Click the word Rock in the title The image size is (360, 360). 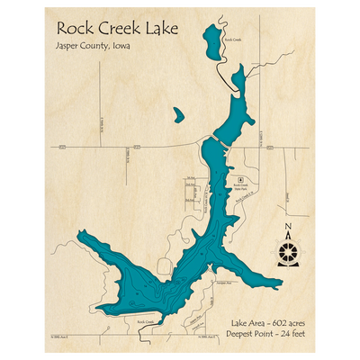(76, 28)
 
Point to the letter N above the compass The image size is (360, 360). (288, 226)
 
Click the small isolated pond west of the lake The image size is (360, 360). (178, 116)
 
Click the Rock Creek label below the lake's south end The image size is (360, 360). (146, 320)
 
